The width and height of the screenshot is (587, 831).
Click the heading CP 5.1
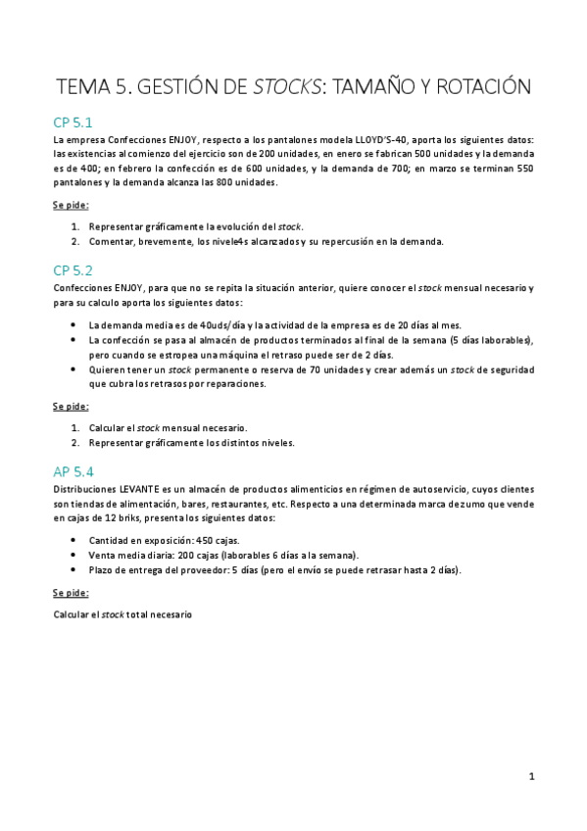coord(73,122)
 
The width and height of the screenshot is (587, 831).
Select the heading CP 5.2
coord(73,269)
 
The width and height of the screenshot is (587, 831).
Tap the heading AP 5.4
coord(73,471)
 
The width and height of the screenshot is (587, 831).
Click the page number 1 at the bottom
coord(531,777)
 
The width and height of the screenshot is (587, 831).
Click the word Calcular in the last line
coord(72,614)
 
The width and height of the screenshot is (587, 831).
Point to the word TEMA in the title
coord(82,87)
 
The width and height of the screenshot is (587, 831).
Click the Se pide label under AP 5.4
coord(71,593)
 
